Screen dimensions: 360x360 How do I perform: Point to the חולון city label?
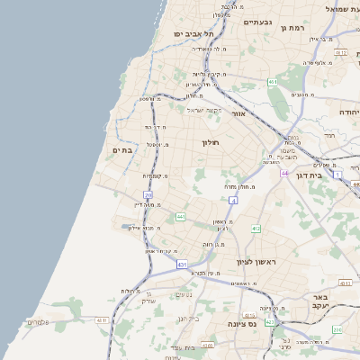click(211, 142)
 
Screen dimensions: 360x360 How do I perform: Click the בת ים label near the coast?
click(122, 150)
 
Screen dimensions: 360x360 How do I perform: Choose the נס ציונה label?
click(244, 323)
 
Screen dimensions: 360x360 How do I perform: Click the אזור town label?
click(238, 114)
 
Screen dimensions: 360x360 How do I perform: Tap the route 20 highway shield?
click(148, 194)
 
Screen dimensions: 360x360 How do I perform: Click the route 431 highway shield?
click(182, 265)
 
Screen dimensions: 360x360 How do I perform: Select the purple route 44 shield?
click(284, 172)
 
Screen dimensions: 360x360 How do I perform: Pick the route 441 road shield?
click(180, 217)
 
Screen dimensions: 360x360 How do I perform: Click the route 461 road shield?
click(272, 82)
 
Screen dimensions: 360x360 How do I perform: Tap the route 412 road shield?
click(256, 229)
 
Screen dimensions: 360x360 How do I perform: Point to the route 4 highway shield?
click(232, 200)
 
